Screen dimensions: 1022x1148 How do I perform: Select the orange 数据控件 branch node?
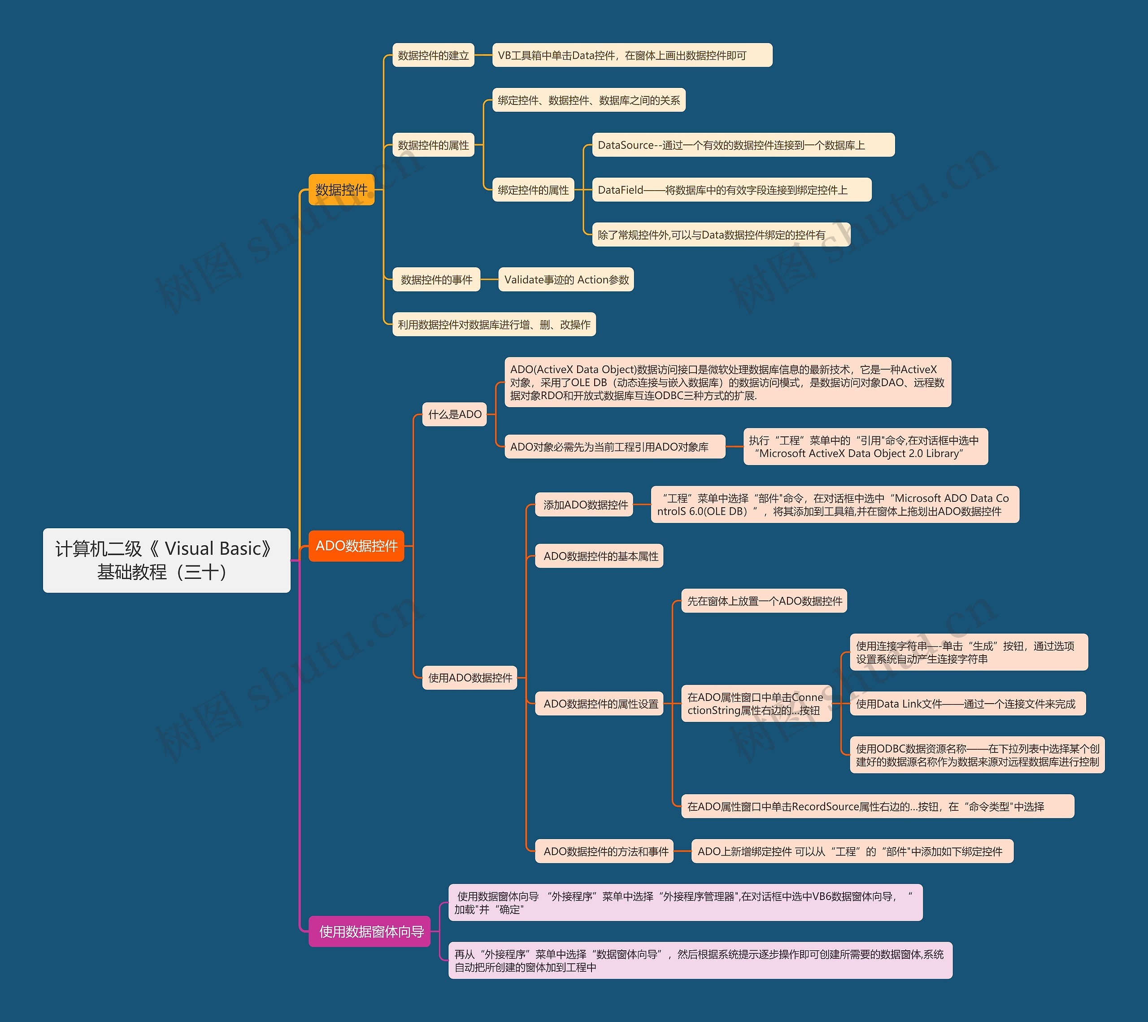(x=341, y=190)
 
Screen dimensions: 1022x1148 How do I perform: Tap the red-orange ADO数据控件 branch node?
(x=356, y=546)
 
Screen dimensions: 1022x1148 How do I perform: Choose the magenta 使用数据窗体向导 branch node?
(x=371, y=931)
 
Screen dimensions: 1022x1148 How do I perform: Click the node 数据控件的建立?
(x=433, y=56)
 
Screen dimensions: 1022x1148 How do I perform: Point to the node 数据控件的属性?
(x=433, y=145)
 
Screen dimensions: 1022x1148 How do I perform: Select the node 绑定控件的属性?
(x=533, y=190)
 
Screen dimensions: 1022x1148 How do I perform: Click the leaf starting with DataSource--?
(x=743, y=145)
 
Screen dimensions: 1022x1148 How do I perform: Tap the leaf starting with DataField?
(x=731, y=190)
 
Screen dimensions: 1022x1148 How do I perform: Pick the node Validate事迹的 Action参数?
(x=566, y=280)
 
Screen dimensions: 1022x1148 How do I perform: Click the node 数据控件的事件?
(x=436, y=280)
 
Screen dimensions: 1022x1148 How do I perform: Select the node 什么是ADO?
(x=454, y=414)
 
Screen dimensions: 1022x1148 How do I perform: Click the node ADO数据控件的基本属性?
(x=600, y=557)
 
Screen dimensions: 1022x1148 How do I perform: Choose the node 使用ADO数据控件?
(x=470, y=678)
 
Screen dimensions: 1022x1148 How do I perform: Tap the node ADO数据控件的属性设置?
(x=600, y=704)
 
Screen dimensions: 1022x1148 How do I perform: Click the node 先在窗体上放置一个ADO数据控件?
(x=764, y=601)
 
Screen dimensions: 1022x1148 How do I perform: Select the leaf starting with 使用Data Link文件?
(x=967, y=704)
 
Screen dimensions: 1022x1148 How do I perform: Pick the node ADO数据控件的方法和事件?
(x=605, y=851)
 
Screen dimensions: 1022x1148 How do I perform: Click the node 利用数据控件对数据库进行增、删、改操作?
(x=494, y=325)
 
